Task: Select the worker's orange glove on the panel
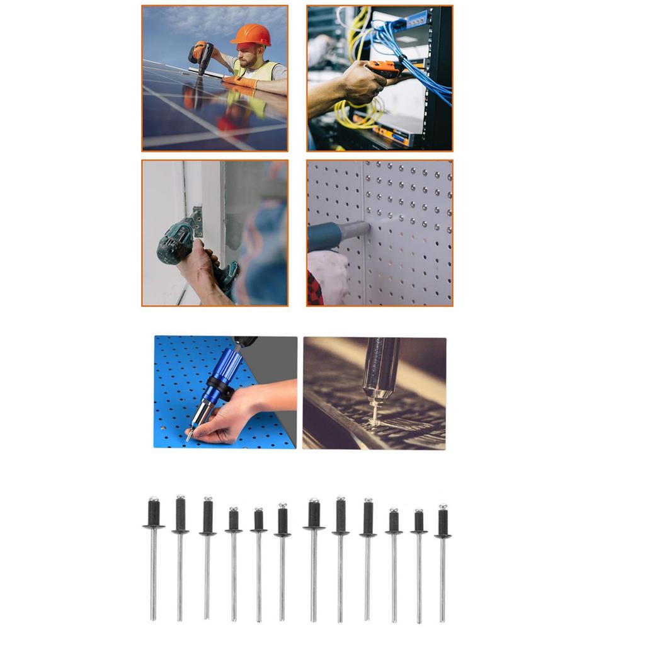240,81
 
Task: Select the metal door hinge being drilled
198,221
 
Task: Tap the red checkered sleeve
314,290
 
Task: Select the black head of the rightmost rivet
443,522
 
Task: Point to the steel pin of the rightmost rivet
443,579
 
